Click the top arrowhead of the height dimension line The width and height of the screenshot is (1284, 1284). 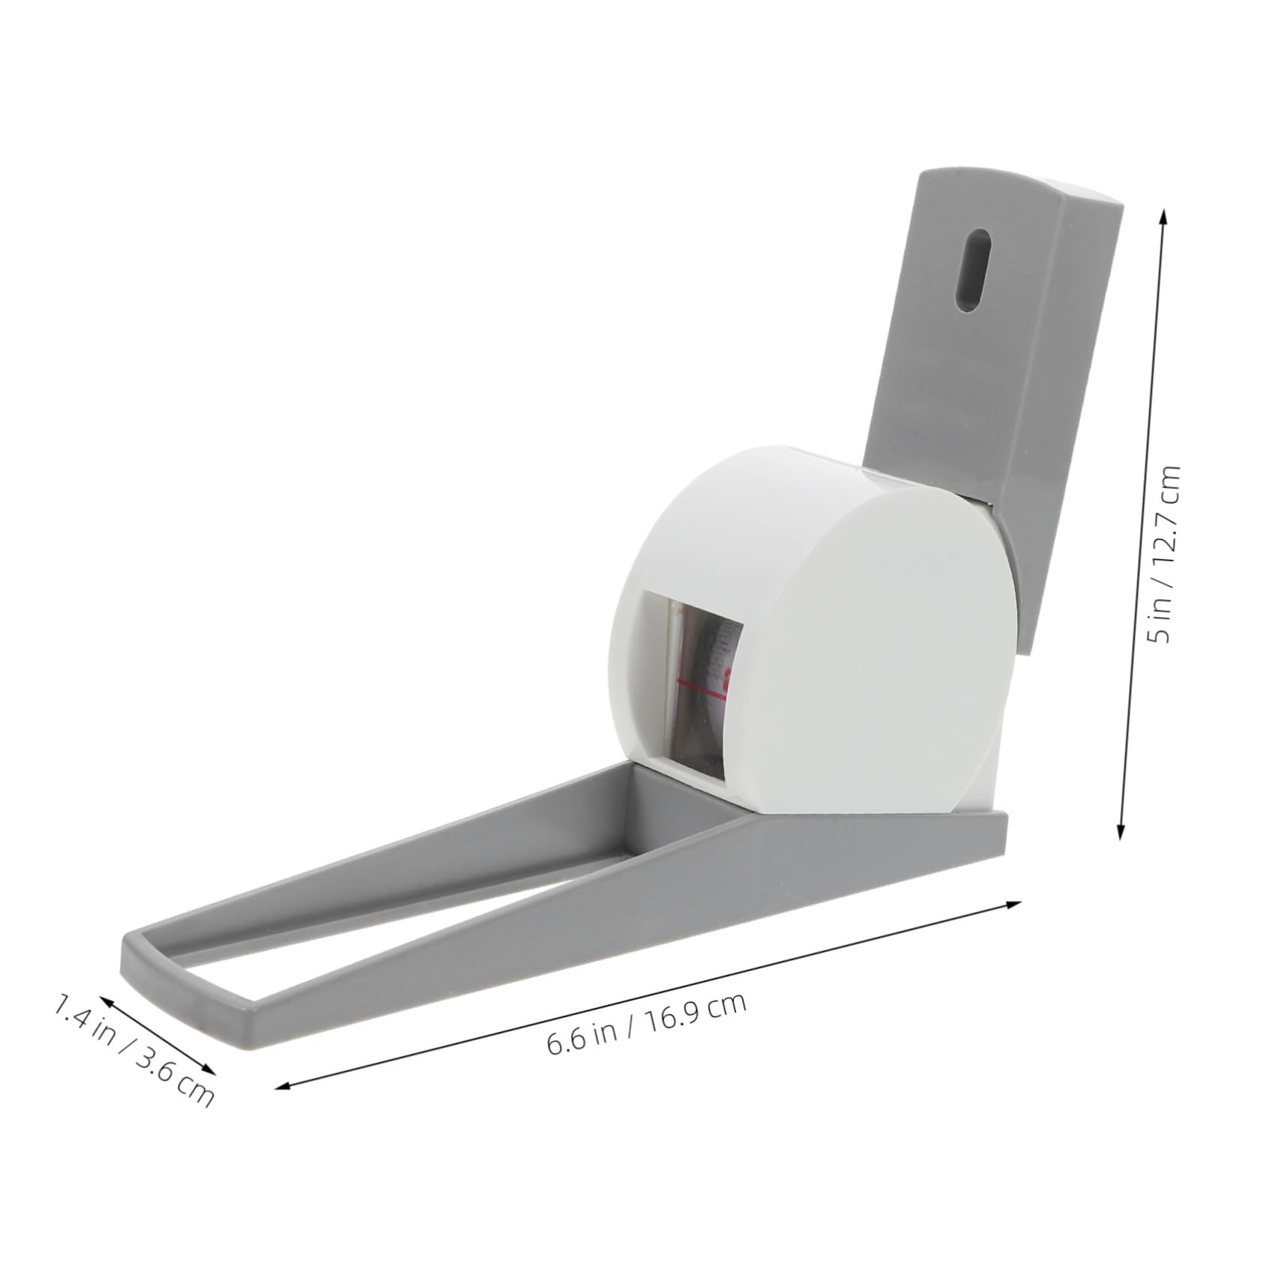1163,214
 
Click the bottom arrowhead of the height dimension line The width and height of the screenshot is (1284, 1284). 1122,833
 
